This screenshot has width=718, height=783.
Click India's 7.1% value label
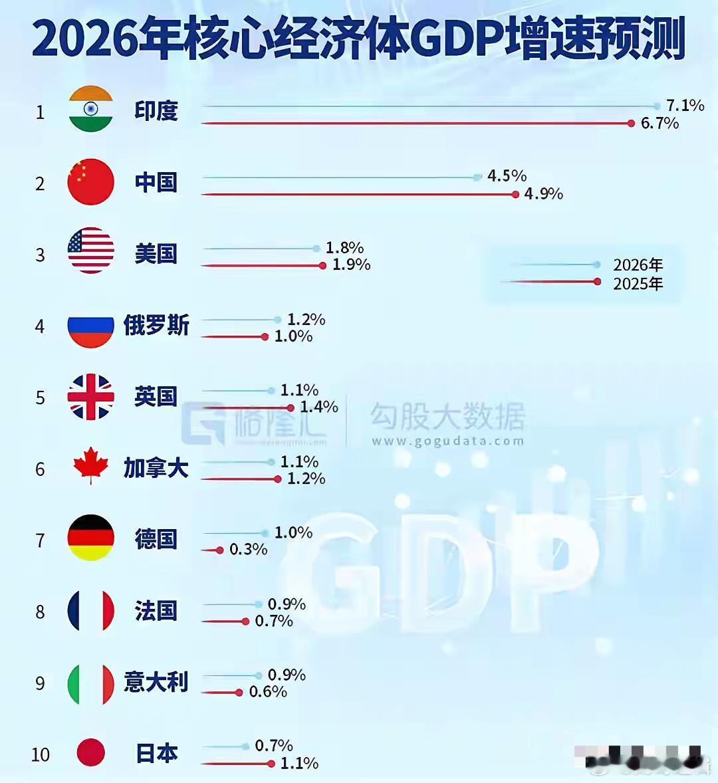click(685, 106)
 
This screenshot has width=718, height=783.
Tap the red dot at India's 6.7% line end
click(632, 123)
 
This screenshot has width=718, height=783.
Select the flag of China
click(91, 181)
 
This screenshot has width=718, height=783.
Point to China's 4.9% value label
click(543, 194)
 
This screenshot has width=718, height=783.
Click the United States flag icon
click(91, 251)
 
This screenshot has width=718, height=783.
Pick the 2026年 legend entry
click(638, 265)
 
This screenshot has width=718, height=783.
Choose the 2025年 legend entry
click(638, 284)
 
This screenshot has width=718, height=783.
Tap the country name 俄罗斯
click(156, 326)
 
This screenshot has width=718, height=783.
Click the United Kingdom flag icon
click(91, 397)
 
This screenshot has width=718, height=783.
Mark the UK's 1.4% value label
click(318, 407)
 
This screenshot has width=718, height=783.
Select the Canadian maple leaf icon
click(91, 465)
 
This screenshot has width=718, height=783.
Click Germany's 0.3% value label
click(248, 550)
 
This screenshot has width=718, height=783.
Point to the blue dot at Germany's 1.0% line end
click(265, 533)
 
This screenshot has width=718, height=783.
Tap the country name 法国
click(156, 610)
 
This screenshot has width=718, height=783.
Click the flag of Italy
click(91, 683)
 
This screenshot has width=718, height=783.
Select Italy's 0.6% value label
click(268, 692)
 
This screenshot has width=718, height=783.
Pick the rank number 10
click(40, 755)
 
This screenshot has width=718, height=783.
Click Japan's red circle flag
click(91, 753)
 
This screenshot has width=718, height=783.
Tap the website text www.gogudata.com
click(447, 441)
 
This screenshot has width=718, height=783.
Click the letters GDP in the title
click(455, 39)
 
